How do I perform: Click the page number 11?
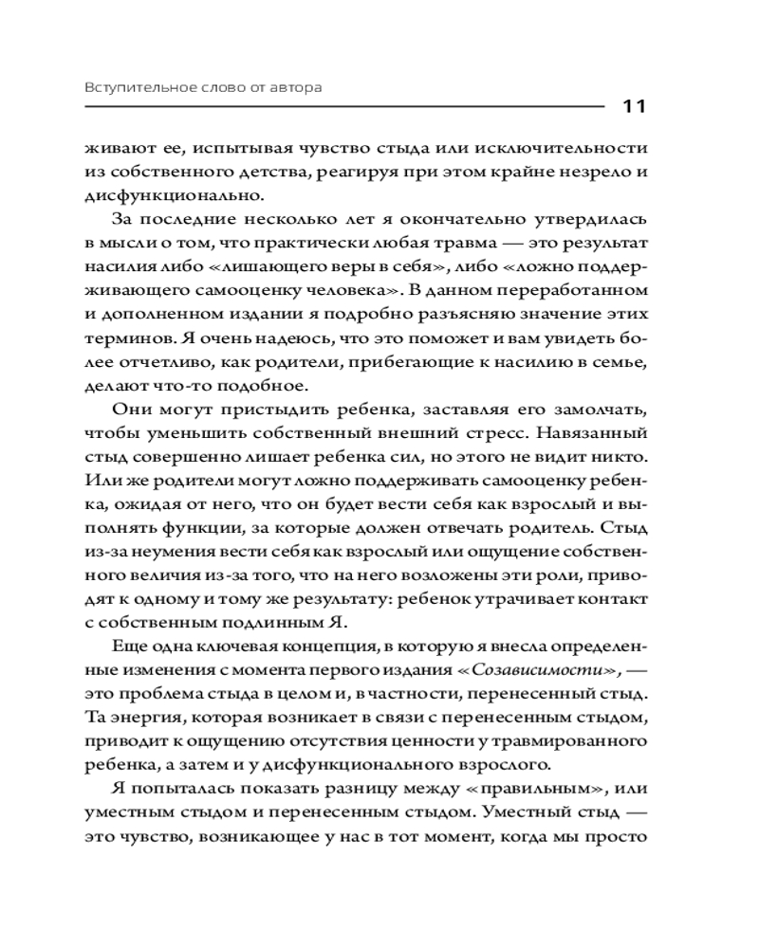634,105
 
